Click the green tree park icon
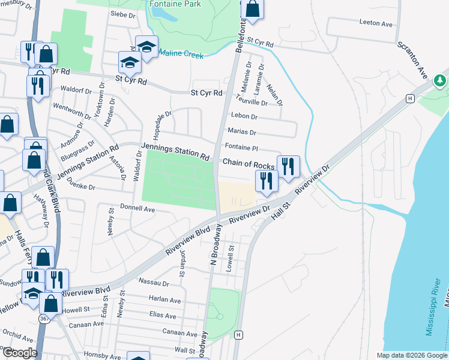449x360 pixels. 439,80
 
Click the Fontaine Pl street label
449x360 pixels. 241,147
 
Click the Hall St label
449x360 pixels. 279,208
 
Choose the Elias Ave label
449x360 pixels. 163,315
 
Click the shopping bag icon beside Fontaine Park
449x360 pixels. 253,9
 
